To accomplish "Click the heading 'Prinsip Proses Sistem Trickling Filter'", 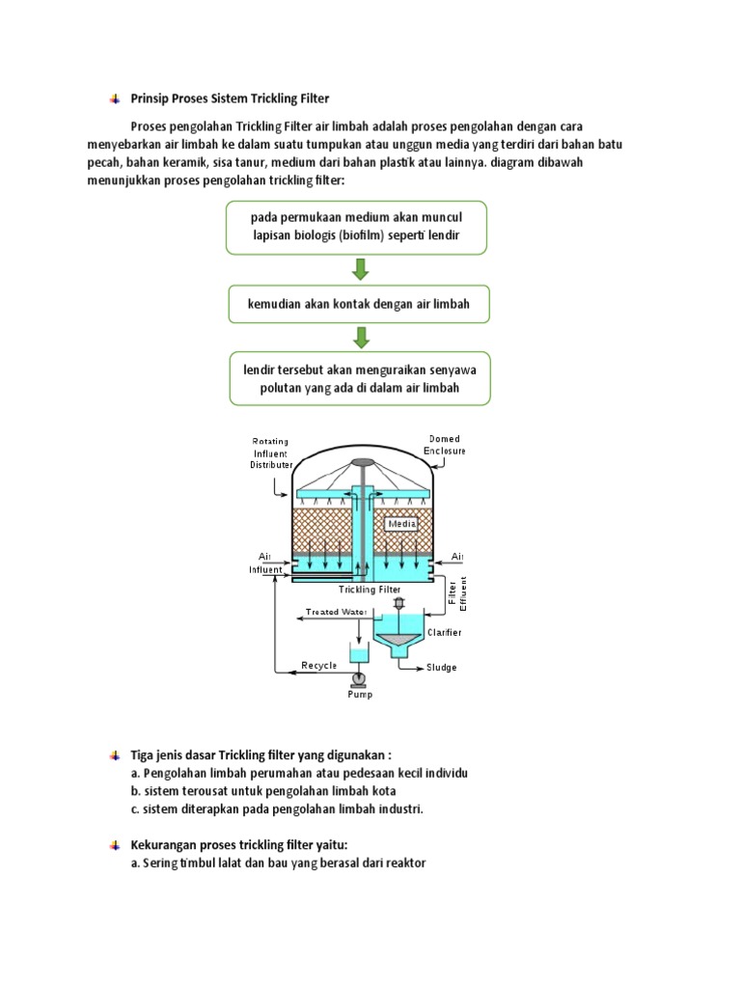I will click(x=230, y=98).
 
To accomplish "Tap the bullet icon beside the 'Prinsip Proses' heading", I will click(x=114, y=98).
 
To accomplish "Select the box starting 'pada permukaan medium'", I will click(x=358, y=228).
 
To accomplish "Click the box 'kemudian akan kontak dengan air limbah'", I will click(x=358, y=304).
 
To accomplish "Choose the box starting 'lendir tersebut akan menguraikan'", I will click(x=358, y=378).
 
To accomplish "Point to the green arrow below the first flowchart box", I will click(x=360, y=268).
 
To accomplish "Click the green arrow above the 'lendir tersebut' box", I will click(x=360, y=338).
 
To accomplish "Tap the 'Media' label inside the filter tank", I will click(x=401, y=524).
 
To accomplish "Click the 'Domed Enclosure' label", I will click(x=446, y=445).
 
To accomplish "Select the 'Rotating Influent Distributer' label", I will click(x=271, y=453).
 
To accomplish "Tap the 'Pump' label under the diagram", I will click(x=359, y=694).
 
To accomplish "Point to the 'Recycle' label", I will click(x=319, y=666).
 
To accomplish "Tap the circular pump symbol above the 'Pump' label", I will click(x=358, y=679).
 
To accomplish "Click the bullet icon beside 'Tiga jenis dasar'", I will click(x=114, y=754).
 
